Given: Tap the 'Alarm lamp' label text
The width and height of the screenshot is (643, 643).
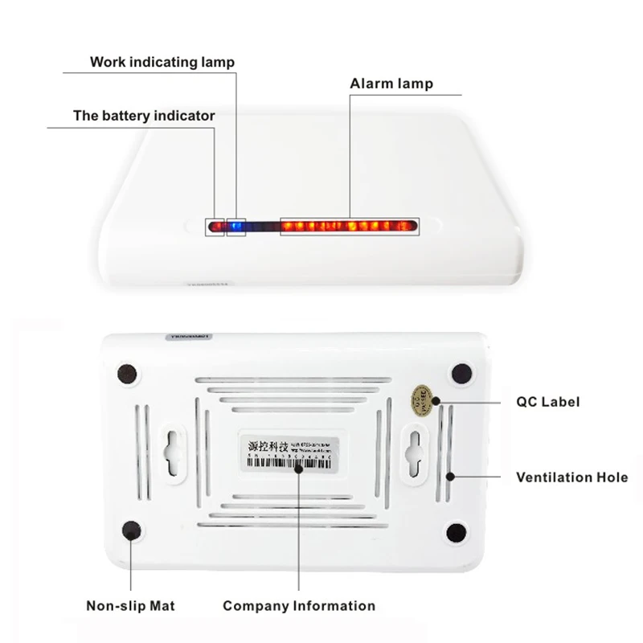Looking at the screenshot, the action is coord(391,84).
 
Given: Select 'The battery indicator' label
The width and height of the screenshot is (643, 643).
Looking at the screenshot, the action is coord(144,116).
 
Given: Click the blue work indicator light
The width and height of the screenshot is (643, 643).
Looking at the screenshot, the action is coord(236,227).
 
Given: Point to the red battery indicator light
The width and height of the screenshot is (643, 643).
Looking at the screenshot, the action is coord(215,227).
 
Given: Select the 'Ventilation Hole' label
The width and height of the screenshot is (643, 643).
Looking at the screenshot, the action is coord(571,477).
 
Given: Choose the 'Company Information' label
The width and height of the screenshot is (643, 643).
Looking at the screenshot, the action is coord(299,605).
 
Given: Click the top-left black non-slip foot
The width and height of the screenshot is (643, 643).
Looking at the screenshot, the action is coord(127,374).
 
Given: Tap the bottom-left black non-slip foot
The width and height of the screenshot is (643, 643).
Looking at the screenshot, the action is coord(129,530).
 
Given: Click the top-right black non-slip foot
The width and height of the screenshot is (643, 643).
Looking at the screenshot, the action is coord(461,374).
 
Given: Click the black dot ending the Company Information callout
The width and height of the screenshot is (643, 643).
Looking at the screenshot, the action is coord(298,467).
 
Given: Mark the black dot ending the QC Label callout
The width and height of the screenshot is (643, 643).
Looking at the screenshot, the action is coord(435,400).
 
